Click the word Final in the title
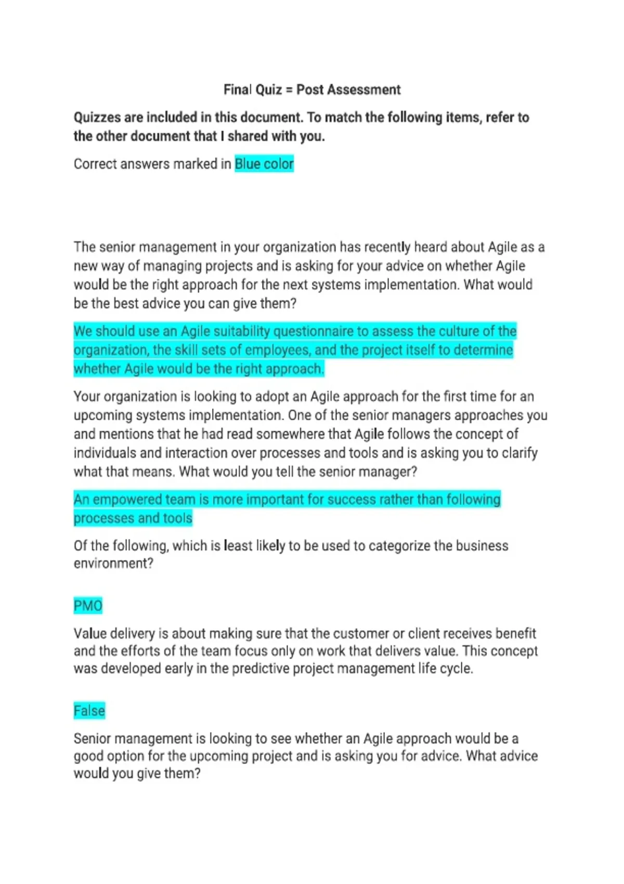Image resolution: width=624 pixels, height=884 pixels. [x=237, y=90]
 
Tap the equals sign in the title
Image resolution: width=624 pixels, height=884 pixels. [x=289, y=90]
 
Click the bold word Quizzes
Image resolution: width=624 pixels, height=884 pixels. [x=97, y=118]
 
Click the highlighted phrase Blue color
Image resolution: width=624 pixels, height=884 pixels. [x=264, y=164]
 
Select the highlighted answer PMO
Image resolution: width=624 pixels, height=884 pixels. [x=88, y=606]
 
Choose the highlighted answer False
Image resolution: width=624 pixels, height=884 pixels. [x=89, y=711]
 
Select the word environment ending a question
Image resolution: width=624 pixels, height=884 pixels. [x=113, y=564]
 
